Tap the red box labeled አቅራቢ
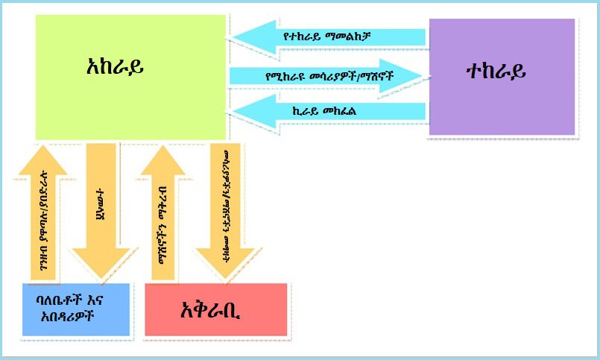[215, 309]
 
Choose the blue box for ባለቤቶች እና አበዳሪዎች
[76, 310]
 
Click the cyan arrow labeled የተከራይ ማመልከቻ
[328, 36]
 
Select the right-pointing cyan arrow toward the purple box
[328, 76]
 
